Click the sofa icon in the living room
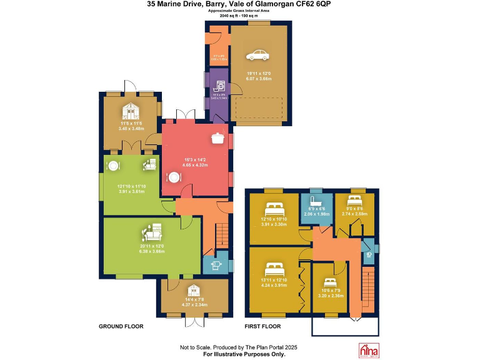pyautogui.click(x=152, y=232)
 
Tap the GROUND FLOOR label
pyautogui.click(x=121, y=326)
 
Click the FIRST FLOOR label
pyautogui.click(x=262, y=326)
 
